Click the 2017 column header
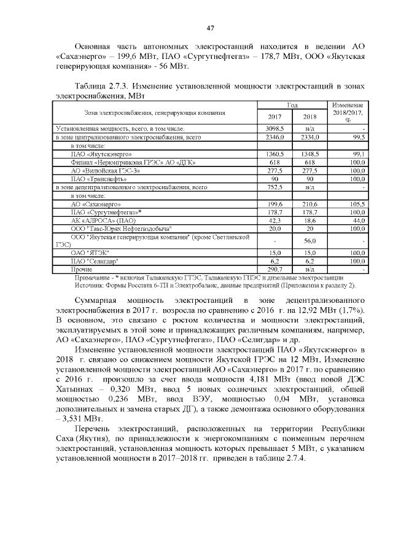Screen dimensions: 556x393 [275, 117]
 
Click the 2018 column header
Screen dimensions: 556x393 [310, 117]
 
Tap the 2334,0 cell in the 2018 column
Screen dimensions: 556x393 [310, 138]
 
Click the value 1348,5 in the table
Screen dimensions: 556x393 [310, 154]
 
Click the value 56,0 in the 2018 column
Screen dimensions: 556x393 [310, 240]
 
